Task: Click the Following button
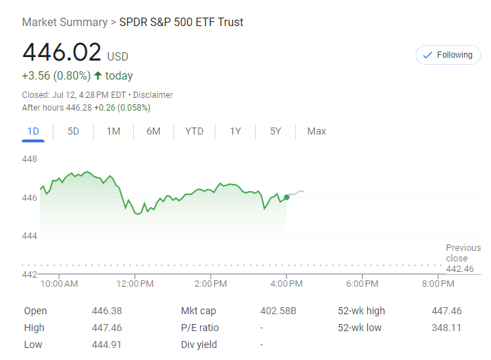(x=448, y=55)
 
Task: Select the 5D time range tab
(x=73, y=131)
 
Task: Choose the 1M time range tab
(x=113, y=131)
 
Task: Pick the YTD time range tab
(x=194, y=131)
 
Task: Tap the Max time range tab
(x=316, y=131)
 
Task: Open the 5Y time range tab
(x=275, y=131)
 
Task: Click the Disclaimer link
(x=153, y=95)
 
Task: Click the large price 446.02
(x=62, y=53)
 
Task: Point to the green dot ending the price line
(x=286, y=197)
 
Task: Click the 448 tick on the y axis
(x=30, y=159)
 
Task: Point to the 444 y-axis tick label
(x=30, y=235)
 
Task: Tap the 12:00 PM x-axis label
(x=135, y=284)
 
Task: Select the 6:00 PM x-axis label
(x=362, y=284)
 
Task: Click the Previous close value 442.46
(x=460, y=269)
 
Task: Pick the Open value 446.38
(x=106, y=311)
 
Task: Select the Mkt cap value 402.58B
(x=278, y=311)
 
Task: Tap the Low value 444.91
(x=106, y=345)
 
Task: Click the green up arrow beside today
(x=98, y=75)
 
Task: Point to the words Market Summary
(x=64, y=22)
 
